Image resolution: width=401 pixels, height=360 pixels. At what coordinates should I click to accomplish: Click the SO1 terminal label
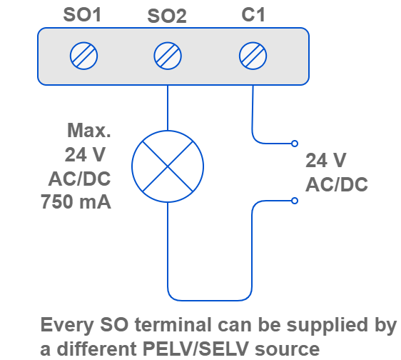(82, 15)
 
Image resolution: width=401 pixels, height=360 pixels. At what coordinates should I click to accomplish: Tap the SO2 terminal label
(167, 16)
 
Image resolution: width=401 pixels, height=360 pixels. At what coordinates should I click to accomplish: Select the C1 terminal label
(253, 14)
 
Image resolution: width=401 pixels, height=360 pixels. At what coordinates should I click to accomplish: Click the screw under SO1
(84, 56)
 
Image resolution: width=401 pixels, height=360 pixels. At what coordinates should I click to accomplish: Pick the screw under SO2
(168, 56)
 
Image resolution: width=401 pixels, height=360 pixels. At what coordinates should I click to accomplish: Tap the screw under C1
(253, 56)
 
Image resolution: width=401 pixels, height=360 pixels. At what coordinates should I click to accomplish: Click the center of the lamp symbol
(168, 166)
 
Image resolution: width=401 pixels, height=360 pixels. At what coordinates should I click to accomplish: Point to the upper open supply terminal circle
(295, 144)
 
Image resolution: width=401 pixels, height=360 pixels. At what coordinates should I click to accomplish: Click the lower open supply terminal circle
(295, 201)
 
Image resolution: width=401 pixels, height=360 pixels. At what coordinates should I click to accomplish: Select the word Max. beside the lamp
(88, 131)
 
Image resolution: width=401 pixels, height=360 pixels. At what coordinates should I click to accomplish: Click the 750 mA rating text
(76, 202)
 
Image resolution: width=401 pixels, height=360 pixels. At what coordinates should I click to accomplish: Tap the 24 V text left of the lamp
(85, 155)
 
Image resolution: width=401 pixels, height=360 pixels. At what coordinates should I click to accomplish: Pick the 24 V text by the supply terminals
(326, 161)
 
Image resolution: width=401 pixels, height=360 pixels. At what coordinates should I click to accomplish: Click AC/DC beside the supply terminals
(337, 184)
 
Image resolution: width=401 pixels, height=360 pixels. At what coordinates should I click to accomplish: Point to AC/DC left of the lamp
(79, 179)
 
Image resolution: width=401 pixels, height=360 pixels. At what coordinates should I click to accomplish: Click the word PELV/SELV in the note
(196, 349)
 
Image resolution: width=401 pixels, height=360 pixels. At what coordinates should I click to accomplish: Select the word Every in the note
(67, 326)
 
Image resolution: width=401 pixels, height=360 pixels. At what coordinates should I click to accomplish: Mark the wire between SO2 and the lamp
(168, 108)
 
